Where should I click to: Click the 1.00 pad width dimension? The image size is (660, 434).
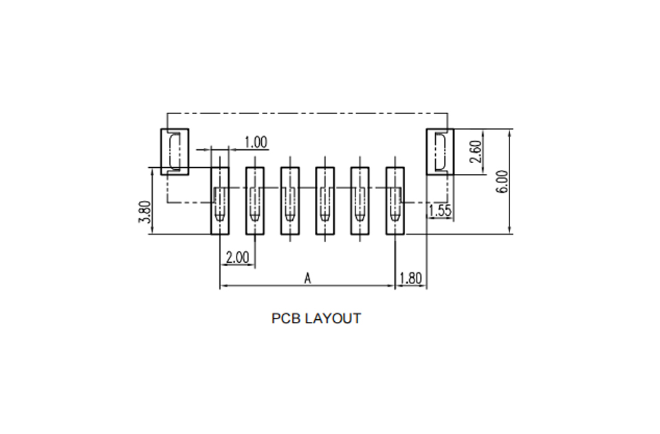256,142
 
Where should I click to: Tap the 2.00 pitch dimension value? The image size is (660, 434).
237,257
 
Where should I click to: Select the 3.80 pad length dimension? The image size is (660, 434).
145,212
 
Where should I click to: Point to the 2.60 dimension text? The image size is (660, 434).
475,151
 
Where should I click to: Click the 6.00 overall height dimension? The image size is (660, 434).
502,182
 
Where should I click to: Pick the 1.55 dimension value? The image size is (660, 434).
440,210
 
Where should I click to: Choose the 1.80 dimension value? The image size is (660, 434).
410,279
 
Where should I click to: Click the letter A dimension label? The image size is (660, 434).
308,279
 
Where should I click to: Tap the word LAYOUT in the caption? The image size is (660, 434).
333,318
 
